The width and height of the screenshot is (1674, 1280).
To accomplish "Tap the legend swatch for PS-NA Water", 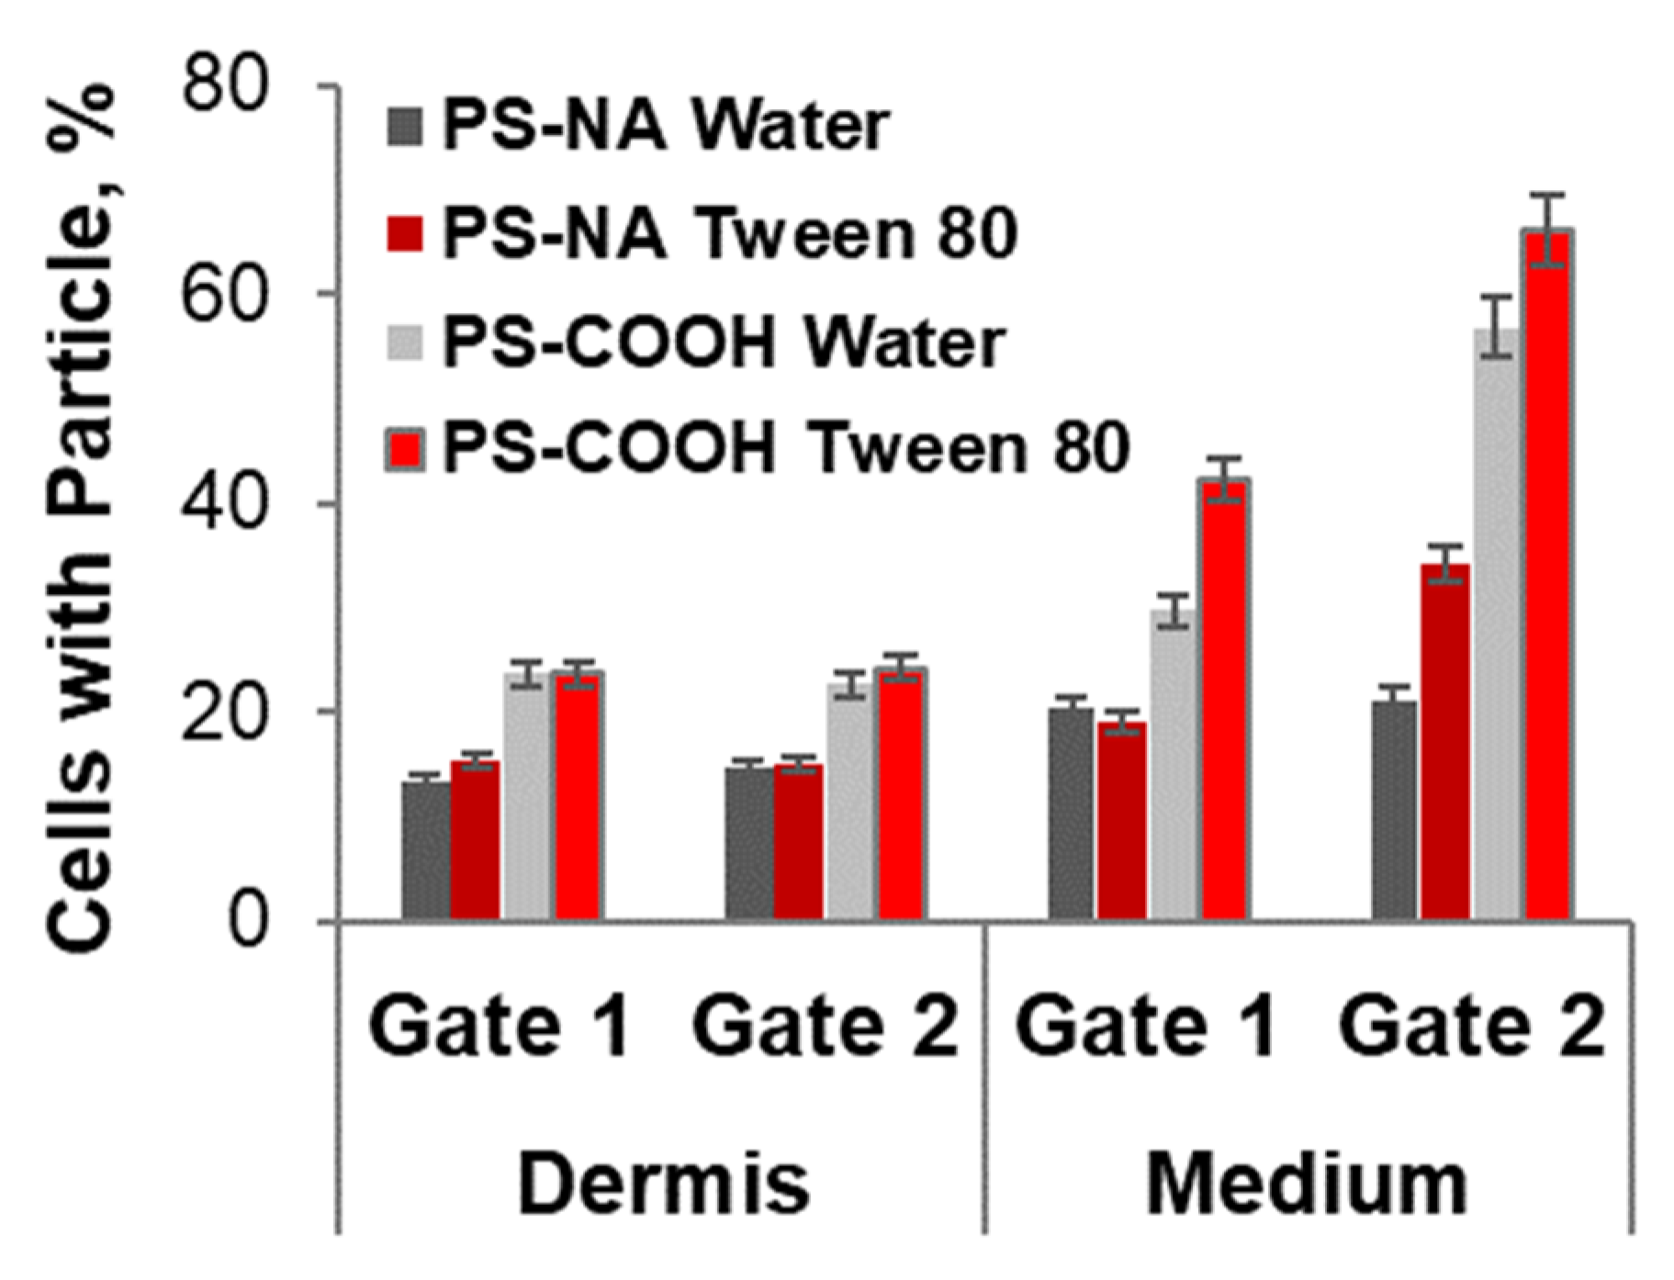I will [405, 127].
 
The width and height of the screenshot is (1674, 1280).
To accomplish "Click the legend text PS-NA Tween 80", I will [730, 233].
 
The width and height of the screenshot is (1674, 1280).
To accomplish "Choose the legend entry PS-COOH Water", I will [724, 343].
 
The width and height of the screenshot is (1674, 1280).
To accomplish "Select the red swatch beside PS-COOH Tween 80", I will [405, 450].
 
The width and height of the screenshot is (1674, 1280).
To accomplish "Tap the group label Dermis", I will [663, 1185].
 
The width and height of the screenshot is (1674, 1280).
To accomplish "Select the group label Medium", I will [1308, 1185].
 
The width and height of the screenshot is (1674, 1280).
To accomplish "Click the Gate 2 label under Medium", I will [1471, 1026].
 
